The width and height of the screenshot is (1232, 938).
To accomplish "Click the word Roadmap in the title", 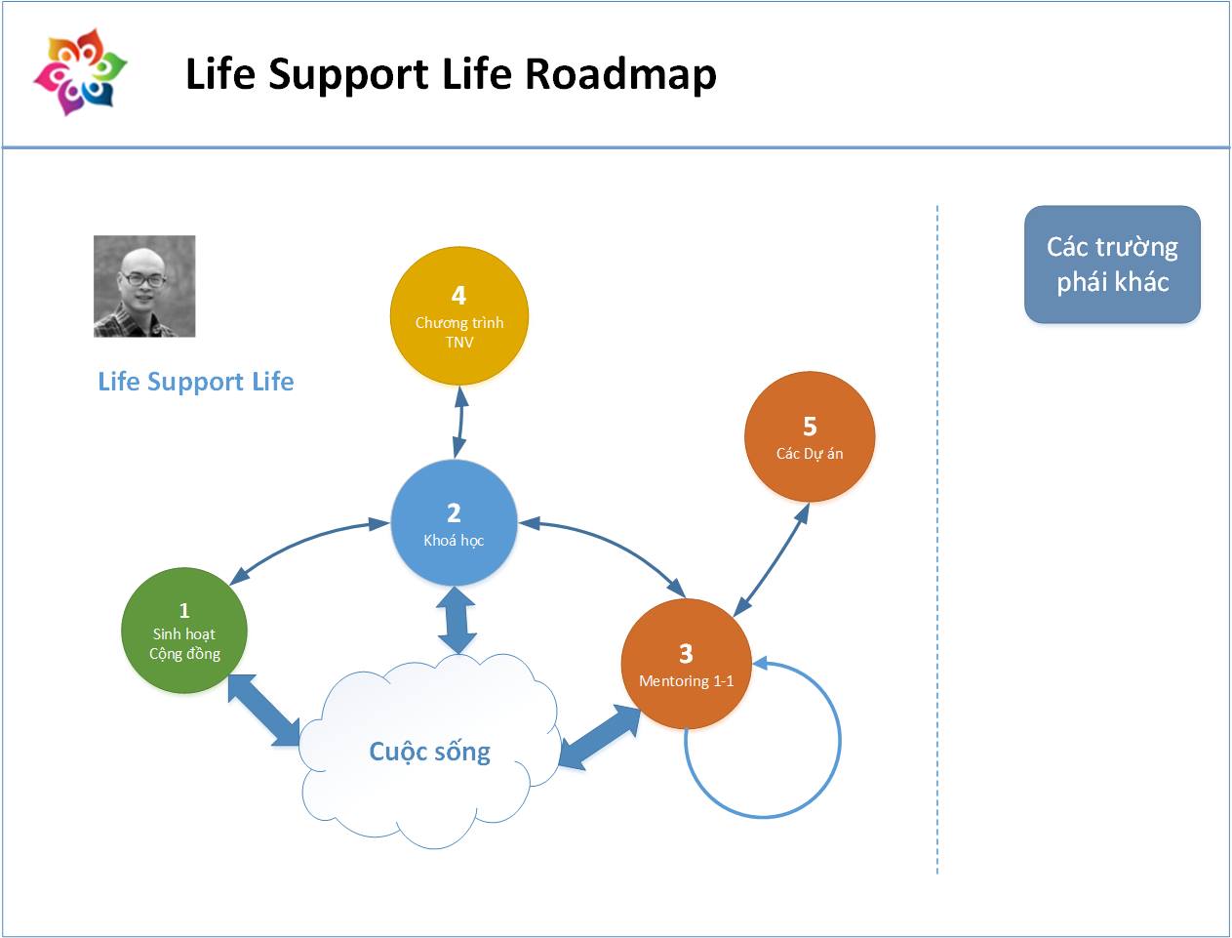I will pyautogui.click(x=621, y=75).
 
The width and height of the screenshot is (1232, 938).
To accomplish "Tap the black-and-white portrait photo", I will pyautogui.click(x=144, y=286).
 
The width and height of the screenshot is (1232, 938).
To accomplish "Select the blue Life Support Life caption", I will pyautogui.click(x=195, y=382).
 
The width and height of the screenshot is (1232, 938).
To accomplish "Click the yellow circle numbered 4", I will pyautogui.click(x=458, y=316).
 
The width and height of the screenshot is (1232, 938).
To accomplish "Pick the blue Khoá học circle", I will pyautogui.click(x=454, y=523).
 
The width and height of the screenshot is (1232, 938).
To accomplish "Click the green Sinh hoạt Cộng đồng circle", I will pyautogui.click(x=183, y=632).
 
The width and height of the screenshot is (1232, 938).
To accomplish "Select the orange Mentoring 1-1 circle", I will pyautogui.click(x=686, y=664).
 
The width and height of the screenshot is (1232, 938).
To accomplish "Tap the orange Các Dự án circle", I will pyautogui.click(x=809, y=437).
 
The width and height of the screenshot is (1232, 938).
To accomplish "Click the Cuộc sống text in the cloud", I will pyautogui.click(x=429, y=752).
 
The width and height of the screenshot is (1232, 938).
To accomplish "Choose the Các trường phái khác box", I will pyautogui.click(x=1112, y=265).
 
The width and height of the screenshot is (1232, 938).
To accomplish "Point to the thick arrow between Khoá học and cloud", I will pyautogui.click(x=457, y=620).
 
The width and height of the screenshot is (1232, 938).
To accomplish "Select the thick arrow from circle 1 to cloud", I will pyautogui.click(x=264, y=710).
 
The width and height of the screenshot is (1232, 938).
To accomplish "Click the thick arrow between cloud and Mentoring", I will pyautogui.click(x=599, y=738).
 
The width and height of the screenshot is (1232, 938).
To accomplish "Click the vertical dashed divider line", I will pyautogui.click(x=937, y=537).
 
